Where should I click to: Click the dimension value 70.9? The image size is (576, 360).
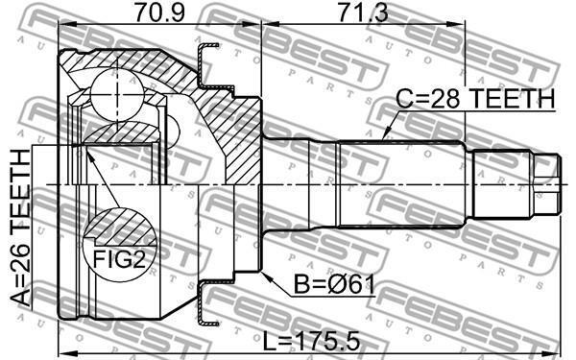(x=159, y=12)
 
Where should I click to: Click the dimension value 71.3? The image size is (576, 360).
(x=363, y=12)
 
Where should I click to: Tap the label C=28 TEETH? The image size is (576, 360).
(x=475, y=99)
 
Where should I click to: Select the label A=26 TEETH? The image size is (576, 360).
(x=20, y=228)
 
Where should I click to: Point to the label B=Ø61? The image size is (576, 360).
(x=334, y=285)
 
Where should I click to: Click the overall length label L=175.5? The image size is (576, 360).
(x=311, y=342)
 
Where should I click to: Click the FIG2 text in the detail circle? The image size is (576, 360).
(x=119, y=258)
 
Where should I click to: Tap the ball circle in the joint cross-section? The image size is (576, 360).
(x=117, y=94)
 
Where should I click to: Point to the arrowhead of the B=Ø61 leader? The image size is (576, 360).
(x=265, y=276)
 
